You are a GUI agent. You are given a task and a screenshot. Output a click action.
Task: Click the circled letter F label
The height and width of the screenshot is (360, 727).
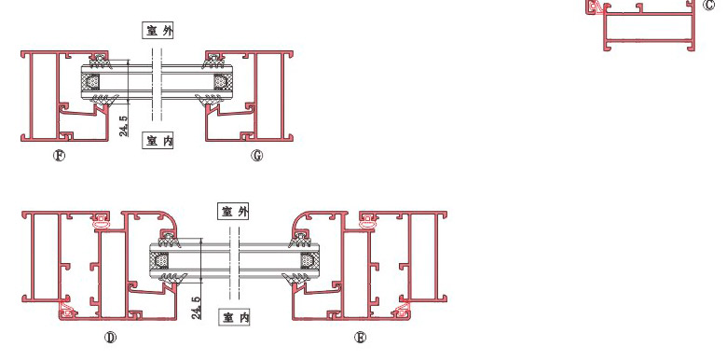pos(59,156)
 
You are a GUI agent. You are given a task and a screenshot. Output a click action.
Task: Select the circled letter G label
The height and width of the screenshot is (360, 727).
pos(257,156)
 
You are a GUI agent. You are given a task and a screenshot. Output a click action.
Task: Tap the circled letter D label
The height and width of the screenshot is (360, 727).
pos(110,338)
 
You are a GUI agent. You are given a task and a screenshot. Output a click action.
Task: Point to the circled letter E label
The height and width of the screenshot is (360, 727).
pos(360,338)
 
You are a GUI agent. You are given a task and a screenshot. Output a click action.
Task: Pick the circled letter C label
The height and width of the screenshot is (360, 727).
pos(709,5)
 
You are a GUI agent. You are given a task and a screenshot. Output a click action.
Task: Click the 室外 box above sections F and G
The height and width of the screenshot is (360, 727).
pos(158,31)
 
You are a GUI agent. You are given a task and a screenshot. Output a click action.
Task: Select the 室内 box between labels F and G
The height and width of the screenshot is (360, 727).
pos(158,141)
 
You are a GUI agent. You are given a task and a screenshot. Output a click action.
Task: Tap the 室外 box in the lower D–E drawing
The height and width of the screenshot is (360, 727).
pos(234,212)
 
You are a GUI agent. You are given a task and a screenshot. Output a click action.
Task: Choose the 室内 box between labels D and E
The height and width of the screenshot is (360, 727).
pos(234,317)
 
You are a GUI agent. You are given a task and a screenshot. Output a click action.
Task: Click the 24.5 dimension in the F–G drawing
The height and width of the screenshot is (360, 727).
pos(124,126)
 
